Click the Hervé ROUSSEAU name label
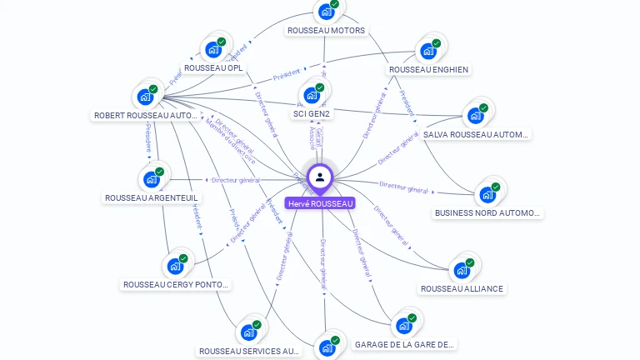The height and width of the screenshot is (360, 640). point(320,203)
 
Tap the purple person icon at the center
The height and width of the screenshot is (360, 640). point(320,177)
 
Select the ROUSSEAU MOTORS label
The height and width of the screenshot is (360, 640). point(326,31)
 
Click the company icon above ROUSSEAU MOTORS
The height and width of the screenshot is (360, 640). point(326,12)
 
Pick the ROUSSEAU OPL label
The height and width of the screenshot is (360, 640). point(214,67)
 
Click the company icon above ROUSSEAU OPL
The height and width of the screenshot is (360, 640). point(213,49)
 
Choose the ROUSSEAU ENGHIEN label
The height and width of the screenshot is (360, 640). point(428,69)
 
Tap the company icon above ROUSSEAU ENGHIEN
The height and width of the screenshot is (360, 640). point(428,51)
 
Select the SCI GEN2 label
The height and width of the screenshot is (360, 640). point(312,113)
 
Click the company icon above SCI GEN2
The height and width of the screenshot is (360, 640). point(312,94)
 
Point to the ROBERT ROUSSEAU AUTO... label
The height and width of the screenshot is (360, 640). point(146,116)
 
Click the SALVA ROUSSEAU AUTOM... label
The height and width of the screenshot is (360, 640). point(476,134)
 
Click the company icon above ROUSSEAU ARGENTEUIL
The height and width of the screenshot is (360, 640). point(151,179)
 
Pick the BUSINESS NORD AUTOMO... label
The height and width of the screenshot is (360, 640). point(488,212)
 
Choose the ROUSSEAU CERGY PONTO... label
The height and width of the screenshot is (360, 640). point(175,284)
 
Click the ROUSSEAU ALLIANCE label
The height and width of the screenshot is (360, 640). point(462,288)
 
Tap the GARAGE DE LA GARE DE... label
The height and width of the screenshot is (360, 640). point(405,344)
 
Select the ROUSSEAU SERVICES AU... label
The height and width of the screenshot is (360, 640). point(248,351)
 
